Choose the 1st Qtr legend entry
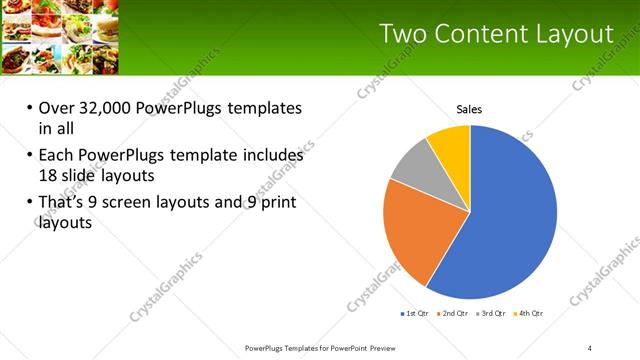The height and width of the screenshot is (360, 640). tap(415, 314)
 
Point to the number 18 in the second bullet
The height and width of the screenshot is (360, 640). tap(49, 174)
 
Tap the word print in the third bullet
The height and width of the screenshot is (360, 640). tap(277, 203)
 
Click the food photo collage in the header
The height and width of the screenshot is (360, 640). tap(61, 38)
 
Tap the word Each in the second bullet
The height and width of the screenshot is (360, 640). tap(55, 156)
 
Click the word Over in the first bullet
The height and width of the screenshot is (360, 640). tap(57, 108)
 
